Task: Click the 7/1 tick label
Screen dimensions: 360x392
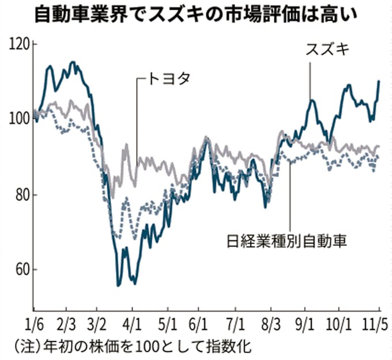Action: click(x=236, y=320)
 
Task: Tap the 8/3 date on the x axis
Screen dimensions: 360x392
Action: click(x=271, y=320)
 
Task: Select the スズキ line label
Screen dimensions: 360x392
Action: click(x=327, y=50)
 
